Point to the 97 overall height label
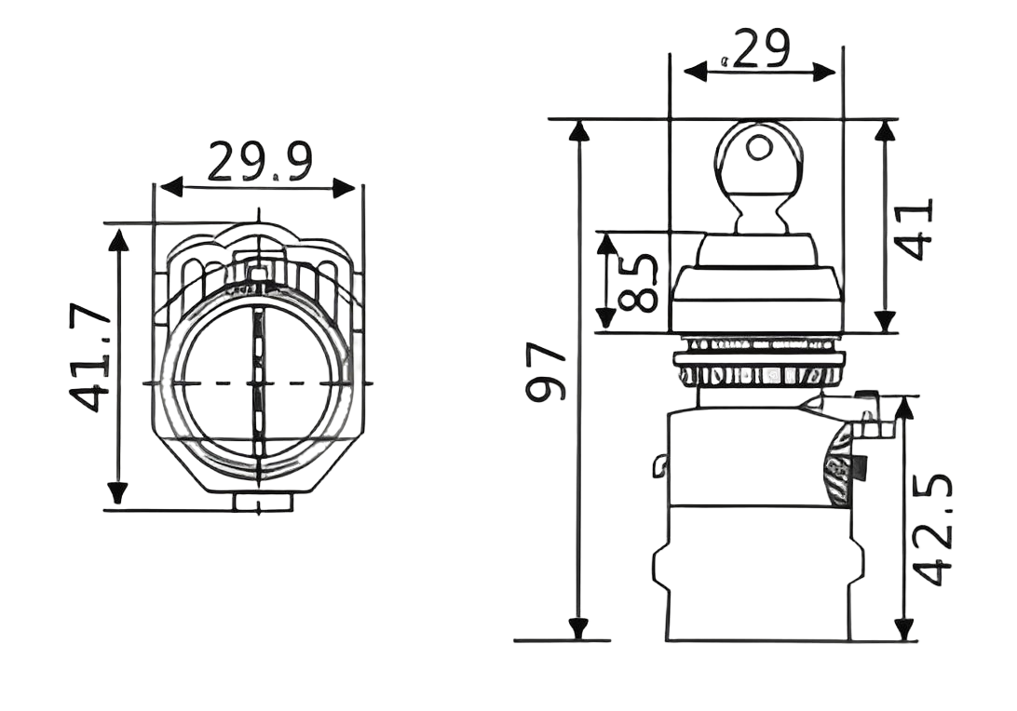pos(548,371)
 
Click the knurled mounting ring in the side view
pos(763,374)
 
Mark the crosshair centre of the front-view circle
pos(255,383)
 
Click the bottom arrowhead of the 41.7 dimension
pos(117,493)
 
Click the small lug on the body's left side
pos(661,464)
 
